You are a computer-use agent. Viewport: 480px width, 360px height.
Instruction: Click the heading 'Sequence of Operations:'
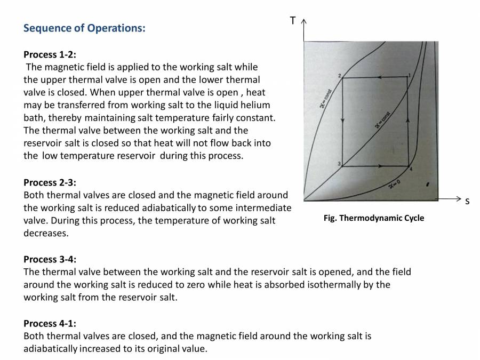84,28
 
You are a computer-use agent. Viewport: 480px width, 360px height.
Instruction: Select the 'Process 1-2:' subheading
50,54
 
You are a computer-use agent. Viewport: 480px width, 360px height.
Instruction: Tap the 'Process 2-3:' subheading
50,182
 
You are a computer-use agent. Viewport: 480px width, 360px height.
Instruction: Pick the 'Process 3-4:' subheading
50,259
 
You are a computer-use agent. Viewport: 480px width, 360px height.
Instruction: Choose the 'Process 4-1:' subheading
50,323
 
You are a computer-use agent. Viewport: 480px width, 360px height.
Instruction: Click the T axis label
293,21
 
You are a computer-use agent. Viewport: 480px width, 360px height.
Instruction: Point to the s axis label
467,202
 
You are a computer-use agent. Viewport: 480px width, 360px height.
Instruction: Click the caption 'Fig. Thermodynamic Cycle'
374,218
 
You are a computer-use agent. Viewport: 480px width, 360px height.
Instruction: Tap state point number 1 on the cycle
409,75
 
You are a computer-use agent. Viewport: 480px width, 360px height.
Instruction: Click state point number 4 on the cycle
411,169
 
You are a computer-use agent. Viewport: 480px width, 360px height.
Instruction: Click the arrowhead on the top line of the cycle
375,78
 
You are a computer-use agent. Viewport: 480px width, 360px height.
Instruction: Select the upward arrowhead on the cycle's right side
409,119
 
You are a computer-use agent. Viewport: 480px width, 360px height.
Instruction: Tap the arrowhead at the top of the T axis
303,21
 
